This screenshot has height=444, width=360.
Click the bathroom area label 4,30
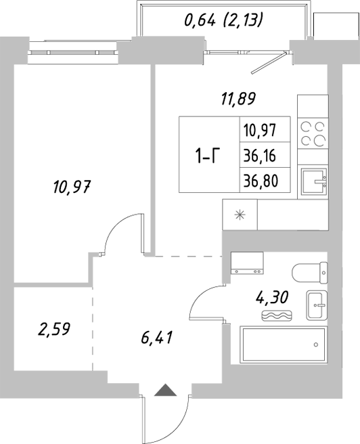[x=269, y=297]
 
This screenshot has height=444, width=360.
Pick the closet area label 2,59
[x=54, y=330]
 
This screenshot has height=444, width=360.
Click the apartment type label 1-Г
[x=208, y=158]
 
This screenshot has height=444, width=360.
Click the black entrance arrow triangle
[x=165, y=389]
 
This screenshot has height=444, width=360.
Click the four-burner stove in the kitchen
[x=312, y=132]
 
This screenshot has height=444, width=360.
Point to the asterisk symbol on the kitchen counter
[x=239, y=216]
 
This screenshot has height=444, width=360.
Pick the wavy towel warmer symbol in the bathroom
[x=277, y=316]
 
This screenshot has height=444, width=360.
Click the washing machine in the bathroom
[x=246, y=263]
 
